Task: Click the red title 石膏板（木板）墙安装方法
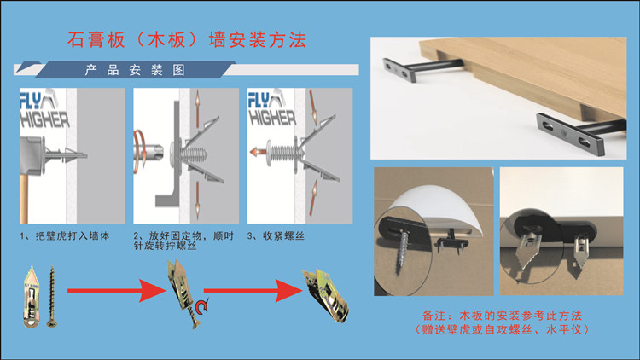187,40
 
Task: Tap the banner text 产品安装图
135,70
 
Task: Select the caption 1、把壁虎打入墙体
65,236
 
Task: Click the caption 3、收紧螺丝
276,236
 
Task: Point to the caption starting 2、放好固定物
183,241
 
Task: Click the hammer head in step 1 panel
31,156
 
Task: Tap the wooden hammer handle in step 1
24,199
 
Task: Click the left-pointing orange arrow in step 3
257,152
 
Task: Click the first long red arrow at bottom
116,291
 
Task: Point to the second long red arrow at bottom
253,291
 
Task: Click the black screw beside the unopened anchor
52,296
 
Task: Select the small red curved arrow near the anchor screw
201,306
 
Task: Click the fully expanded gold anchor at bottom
325,296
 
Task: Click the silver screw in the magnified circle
404,251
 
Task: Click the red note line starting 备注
502,316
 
